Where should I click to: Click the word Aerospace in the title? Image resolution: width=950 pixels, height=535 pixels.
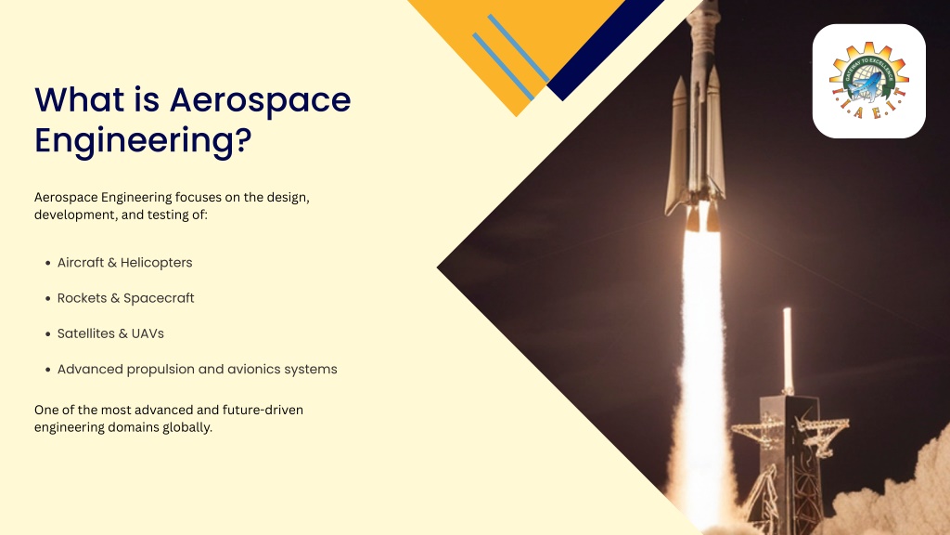[x=261, y=100]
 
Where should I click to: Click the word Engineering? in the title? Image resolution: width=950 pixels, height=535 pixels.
[x=143, y=141]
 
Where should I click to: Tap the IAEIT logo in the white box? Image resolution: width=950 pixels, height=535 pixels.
[x=868, y=81]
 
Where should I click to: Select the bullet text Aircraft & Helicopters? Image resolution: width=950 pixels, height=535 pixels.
[x=125, y=263]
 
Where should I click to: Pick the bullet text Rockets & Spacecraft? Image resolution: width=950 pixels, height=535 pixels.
[x=126, y=298]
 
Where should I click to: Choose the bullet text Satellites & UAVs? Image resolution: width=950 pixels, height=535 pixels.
[x=111, y=333]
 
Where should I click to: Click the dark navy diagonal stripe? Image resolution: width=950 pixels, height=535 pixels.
[x=605, y=50]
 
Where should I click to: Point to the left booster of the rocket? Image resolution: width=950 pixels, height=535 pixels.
[x=677, y=146]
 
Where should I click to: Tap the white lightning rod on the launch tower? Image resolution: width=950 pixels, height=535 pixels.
[x=787, y=349]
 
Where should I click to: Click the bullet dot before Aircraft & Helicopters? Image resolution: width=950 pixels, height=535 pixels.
[x=48, y=263]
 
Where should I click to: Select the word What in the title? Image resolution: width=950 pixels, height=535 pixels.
[x=80, y=100]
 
